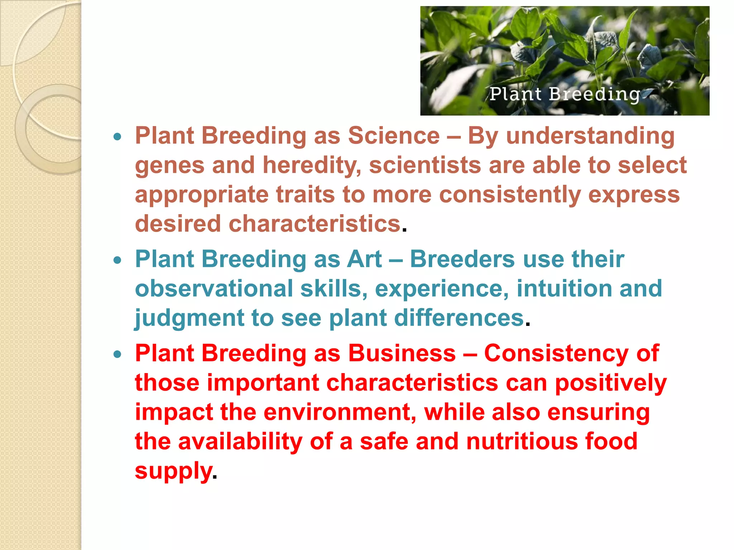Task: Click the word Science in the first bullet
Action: tap(394, 136)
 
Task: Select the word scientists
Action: tap(425, 165)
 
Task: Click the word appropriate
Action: tap(201, 196)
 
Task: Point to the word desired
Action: tap(178, 224)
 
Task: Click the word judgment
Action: tap(189, 318)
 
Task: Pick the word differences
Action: tap(459, 318)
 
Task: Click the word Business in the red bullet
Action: tap(402, 353)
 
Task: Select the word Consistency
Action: tap(556, 353)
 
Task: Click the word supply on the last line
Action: tap(173, 471)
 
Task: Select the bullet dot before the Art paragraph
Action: tap(117, 260)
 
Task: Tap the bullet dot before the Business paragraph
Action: tap(117, 354)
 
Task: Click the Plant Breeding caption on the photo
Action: tap(565, 94)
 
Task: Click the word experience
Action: tap(442, 289)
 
